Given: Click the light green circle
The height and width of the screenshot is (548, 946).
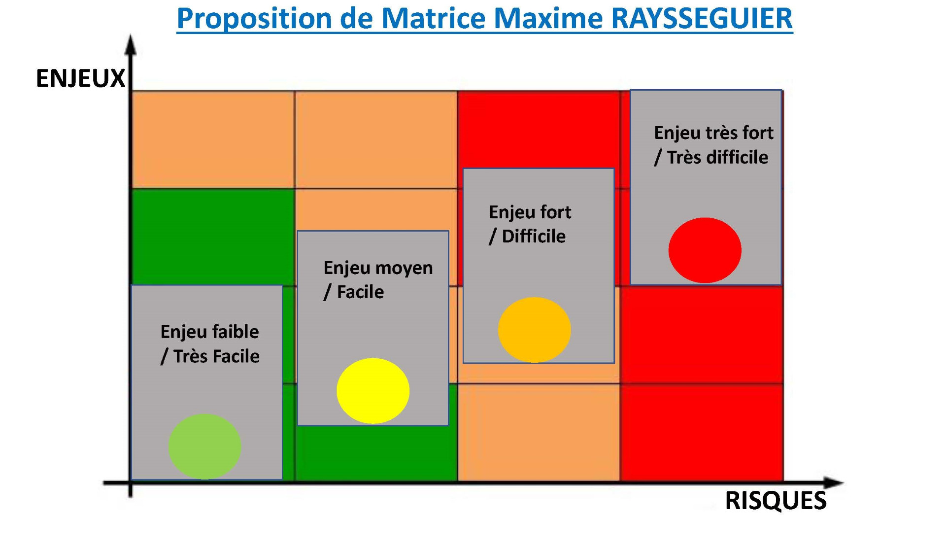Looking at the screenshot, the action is pyautogui.click(x=205, y=446).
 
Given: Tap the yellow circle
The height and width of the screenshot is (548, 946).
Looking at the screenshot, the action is pyautogui.click(x=373, y=391).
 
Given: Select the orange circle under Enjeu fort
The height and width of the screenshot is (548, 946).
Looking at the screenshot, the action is pyautogui.click(x=535, y=330).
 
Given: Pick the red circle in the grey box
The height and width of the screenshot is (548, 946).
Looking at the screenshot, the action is pyautogui.click(x=705, y=250).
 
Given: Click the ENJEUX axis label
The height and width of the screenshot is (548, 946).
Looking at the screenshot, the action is pyautogui.click(x=81, y=79).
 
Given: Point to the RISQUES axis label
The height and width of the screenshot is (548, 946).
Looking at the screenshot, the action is pyautogui.click(x=776, y=501).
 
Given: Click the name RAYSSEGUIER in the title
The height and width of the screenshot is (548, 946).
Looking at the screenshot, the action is pyautogui.click(x=702, y=18).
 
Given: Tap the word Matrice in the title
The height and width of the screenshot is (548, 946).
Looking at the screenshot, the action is pyautogui.click(x=434, y=18).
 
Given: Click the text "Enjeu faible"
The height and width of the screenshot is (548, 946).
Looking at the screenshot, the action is pyautogui.click(x=209, y=332).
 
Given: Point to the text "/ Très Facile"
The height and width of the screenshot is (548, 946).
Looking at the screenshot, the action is pyautogui.click(x=210, y=356).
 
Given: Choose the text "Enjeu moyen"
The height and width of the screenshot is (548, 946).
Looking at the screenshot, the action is pyautogui.click(x=378, y=269).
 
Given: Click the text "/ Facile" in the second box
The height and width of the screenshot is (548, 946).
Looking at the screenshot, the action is pyautogui.click(x=354, y=292).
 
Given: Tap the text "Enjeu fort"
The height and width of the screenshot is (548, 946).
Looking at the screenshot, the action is pyautogui.click(x=530, y=212).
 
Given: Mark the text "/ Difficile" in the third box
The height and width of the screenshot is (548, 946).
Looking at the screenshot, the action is pyautogui.click(x=527, y=237).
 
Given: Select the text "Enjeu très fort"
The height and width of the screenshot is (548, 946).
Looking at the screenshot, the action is pyautogui.click(x=713, y=133).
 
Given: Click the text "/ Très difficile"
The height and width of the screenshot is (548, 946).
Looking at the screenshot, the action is pyautogui.click(x=711, y=157).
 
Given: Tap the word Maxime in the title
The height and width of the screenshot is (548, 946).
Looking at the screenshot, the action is pyautogui.click(x=548, y=18).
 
